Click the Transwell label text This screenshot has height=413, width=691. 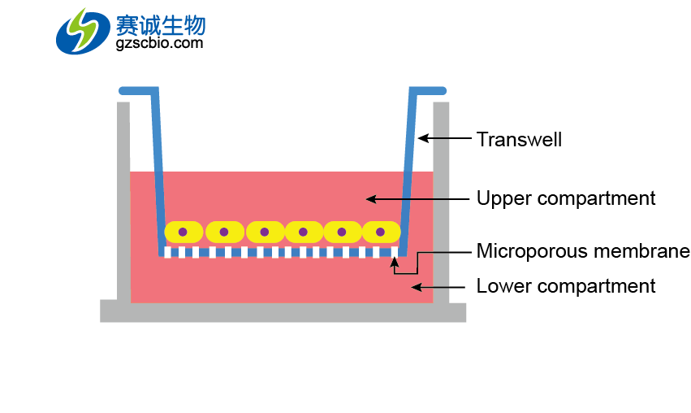pos(519,140)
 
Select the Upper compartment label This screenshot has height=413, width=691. pos(565,198)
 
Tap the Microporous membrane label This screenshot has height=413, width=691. pos(582,251)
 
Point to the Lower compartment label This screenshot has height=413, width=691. pos(565,286)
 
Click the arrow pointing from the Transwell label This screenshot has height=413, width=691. pos(443,139)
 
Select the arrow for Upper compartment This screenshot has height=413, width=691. pos(417,198)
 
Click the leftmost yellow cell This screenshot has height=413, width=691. pos(184,232)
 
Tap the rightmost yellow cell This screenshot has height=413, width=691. pos(380,232)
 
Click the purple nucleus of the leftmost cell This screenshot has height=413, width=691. pos(184,232)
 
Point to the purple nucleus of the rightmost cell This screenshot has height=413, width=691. pos(380,232)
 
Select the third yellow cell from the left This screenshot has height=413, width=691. pos(263,232)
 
